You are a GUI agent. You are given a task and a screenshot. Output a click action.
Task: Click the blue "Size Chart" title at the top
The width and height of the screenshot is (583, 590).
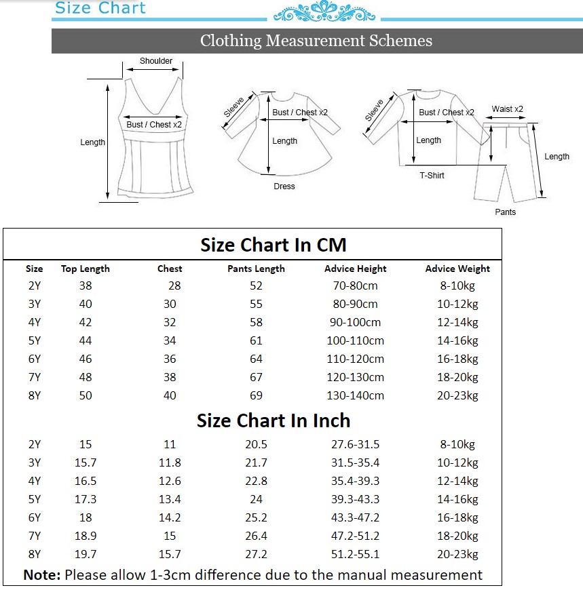[x=100, y=8]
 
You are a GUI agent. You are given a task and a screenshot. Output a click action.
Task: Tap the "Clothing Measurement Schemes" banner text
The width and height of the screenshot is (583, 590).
[x=316, y=41]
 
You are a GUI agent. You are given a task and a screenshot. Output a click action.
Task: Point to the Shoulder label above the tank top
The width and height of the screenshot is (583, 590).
[x=156, y=61]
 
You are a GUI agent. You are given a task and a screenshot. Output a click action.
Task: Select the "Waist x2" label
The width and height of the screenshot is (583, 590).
[x=507, y=109]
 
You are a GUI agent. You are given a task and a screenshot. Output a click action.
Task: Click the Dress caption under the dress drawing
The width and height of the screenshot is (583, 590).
[x=284, y=186]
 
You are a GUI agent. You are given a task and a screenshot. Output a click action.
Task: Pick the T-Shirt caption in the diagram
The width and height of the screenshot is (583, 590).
[x=432, y=176]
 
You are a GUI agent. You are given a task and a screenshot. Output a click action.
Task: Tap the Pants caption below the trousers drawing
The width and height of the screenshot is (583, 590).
[x=505, y=212]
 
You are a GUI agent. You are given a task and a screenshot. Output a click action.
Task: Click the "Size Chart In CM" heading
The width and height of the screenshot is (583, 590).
[x=273, y=244]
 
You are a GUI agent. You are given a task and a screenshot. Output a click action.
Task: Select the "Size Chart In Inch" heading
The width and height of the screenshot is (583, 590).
[x=274, y=420]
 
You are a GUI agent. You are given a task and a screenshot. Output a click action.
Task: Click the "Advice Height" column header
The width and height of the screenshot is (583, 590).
[x=355, y=269]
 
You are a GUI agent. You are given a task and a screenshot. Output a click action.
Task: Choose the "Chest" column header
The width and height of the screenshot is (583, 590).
[x=170, y=269]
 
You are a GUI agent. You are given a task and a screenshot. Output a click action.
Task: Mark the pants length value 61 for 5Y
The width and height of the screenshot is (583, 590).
[x=256, y=340]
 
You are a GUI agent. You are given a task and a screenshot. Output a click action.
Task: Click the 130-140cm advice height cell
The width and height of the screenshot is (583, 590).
[x=355, y=395]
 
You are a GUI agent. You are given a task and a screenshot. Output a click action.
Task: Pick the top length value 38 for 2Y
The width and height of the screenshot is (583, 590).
[x=86, y=286]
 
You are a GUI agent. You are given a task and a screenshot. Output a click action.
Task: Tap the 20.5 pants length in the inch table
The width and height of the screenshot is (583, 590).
[x=256, y=444]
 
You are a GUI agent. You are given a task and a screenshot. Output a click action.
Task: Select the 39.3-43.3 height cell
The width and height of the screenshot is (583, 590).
[x=355, y=499]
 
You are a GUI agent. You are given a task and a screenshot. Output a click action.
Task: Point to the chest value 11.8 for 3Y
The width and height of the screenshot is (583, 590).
[x=170, y=463]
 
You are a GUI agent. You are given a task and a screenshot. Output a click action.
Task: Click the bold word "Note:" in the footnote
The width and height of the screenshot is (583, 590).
[x=42, y=575]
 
